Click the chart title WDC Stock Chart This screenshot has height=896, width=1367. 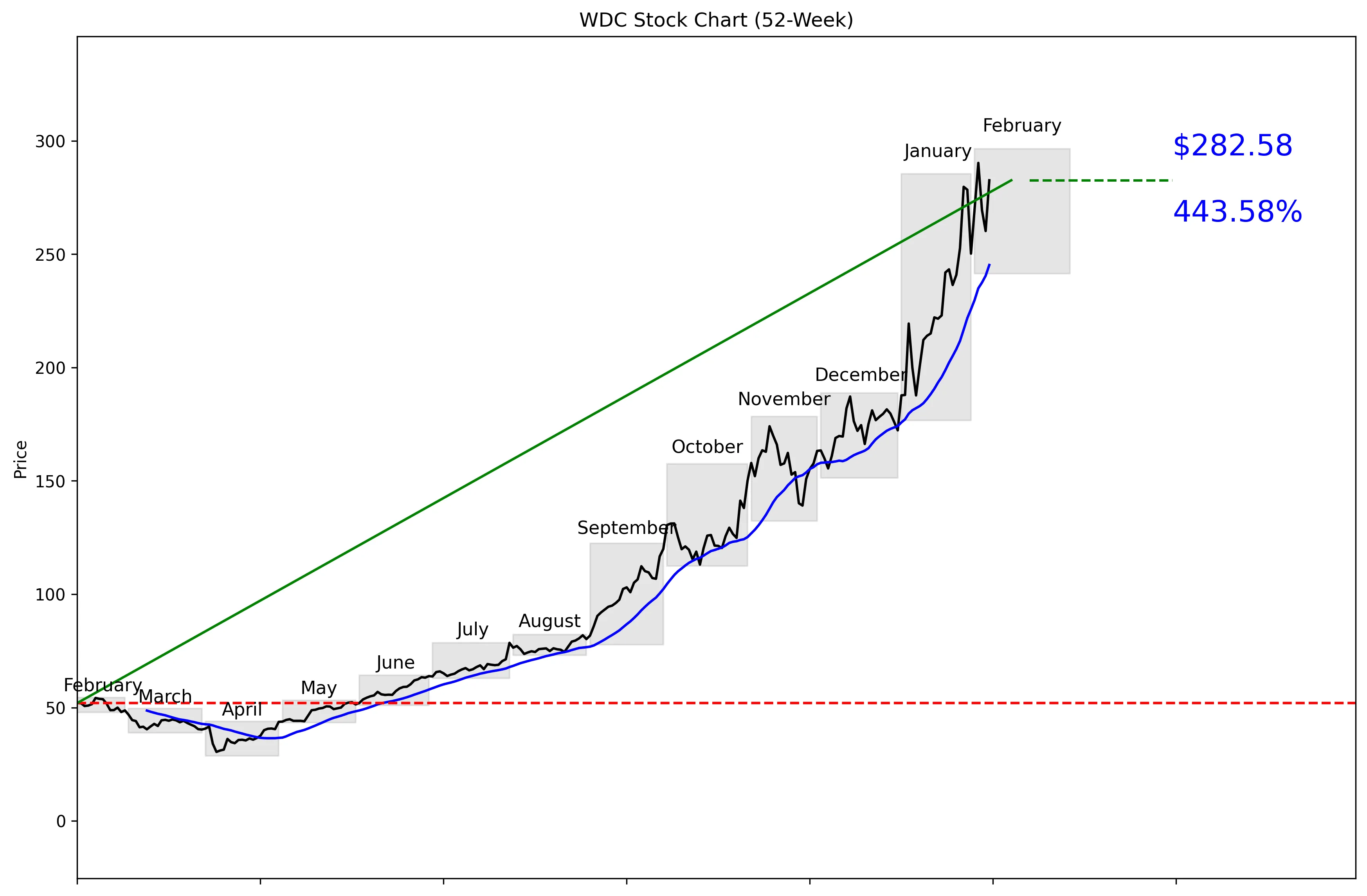point(716,20)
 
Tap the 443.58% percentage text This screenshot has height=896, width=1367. point(1237,212)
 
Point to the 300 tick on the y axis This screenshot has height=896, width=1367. point(50,141)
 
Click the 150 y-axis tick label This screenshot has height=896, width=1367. point(50,481)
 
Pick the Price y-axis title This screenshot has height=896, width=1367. point(21,460)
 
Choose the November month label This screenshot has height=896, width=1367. point(783,399)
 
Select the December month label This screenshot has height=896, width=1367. point(860,375)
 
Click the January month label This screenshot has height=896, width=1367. point(937,151)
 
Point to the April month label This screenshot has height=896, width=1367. point(242,710)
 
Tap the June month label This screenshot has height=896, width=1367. point(395,663)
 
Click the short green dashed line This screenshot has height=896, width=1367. point(1100,181)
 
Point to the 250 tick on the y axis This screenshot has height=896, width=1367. point(50,254)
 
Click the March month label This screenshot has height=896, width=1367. point(166,696)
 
